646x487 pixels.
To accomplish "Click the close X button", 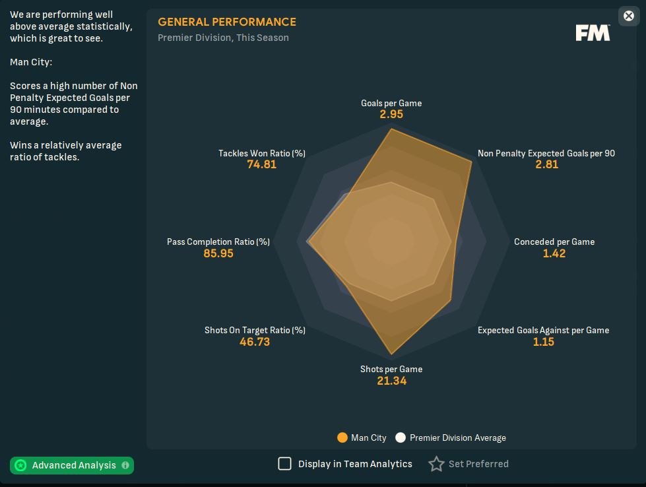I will tap(628, 16).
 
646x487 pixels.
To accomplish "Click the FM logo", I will tap(593, 33).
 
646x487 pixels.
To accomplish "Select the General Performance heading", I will tap(227, 22).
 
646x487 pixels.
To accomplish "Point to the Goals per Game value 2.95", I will tap(391, 114).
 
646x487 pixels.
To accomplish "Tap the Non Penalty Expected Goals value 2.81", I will tap(547, 164).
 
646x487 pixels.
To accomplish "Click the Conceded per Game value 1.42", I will tap(554, 253).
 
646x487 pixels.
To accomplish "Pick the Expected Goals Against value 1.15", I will tap(544, 342).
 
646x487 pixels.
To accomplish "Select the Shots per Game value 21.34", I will tap(391, 381).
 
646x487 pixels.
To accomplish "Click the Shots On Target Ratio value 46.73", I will tap(255, 342).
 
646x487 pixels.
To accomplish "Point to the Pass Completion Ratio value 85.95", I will tap(218, 253).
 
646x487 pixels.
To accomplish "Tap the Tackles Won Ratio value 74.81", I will tap(262, 164).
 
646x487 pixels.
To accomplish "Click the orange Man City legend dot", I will tap(342, 438).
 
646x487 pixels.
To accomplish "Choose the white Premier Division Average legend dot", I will tap(401, 438).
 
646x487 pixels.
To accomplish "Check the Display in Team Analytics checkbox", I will tap(284, 464).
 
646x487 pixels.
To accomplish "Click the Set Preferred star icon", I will tap(436, 464).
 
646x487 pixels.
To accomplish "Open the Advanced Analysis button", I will tap(72, 465).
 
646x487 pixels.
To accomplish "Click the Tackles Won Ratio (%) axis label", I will tap(262, 153).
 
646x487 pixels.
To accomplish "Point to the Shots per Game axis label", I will tap(391, 369).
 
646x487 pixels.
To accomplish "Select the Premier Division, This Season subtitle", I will tap(223, 38).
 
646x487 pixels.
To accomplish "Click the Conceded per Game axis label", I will tap(554, 242).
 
